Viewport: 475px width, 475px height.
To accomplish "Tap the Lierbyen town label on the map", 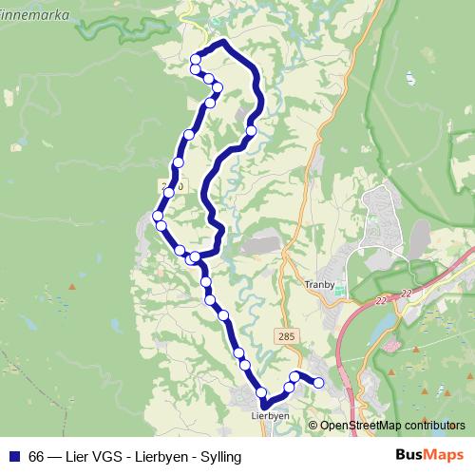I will coord(270,415).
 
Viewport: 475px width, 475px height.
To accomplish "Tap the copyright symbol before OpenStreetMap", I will coord(313,426).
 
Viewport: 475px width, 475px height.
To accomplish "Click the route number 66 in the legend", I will coord(36,457).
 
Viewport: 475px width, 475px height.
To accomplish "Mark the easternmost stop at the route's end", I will coord(319,383).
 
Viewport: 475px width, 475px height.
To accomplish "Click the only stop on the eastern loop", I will coord(251,130).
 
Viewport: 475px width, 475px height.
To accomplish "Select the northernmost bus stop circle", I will coord(196,60).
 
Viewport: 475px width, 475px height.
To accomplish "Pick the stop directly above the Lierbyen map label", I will coord(260,392).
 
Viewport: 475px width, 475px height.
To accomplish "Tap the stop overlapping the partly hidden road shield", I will coord(169,192).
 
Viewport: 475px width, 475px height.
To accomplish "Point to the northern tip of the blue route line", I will coord(223,42).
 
